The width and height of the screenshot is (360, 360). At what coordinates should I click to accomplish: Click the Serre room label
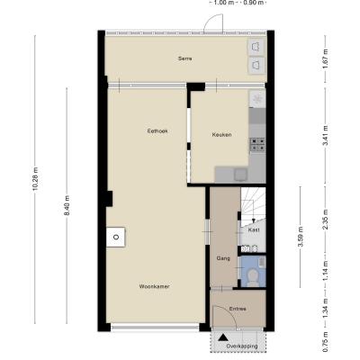pyautogui.click(x=184, y=58)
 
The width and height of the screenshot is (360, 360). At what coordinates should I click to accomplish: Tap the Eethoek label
pyautogui.click(x=157, y=131)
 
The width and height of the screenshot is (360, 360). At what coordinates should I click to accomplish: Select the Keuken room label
pyautogui.click(x=221, y=135)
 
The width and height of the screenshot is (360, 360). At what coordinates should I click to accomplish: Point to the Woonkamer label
pyautogui.click(x=154, y=286)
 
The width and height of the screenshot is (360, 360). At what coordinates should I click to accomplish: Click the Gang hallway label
pyautogui.click(x=223, y=258)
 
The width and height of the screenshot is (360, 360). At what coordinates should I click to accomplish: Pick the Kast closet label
pyautogui.click(x=254, y=230)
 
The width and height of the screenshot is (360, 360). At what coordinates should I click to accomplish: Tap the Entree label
pyautogui.click(x=238, y=309)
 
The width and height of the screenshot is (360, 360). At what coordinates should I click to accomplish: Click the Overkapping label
pyautogui.click(x=242, y=346)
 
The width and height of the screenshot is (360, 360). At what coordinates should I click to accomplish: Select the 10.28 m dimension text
pyautogui.click(x=35, y=178)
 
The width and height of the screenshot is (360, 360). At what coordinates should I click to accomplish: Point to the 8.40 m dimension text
pyautogui.click(x=67, y=205)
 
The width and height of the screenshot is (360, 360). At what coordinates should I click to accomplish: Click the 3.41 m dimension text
pyautogui.click(x=325, y=135)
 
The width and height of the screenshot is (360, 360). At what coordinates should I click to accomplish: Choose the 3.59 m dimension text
pyautogui.click(x=301, y=237)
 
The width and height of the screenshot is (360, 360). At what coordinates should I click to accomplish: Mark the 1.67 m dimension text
pyautogui.click(x=325, y=58)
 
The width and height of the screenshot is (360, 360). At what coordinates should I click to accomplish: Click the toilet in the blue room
pyautogui.click(x=254, y=276)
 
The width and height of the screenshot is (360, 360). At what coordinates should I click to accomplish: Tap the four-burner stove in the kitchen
pyautogui.click(x=257, y=144)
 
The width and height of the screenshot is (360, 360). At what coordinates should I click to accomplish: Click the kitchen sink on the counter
pyautogui.click(x=240, y=175)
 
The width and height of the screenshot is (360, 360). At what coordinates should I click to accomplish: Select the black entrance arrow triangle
pyautogui.click(x=222, y=337)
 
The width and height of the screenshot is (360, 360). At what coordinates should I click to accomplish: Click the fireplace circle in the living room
pyautogui.click(x=116, y=237)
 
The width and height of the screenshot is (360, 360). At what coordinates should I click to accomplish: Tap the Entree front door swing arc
pyautogui.click(x=229, y=312)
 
